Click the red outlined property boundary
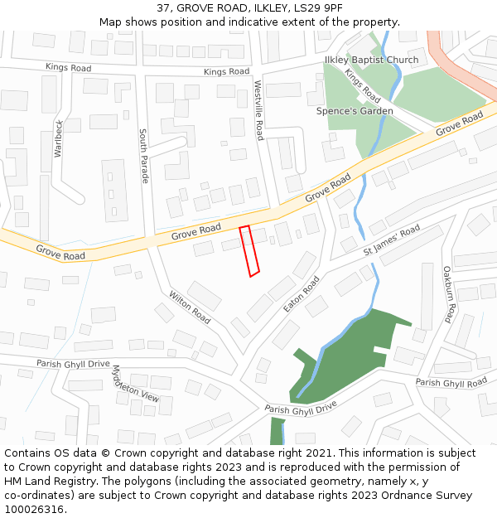pyautogui.click(x=249, y=250)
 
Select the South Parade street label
pyautogui.click(x=143, y=156)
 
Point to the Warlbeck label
pyautogui.click(x=58, y=138)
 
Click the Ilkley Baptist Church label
pyautogui.click(x=372, y=61)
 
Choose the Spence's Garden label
pyautogui.click(x=355, y=111)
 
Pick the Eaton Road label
pyautogui.click(x=302, y=294)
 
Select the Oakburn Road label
pyautogui.click(x=448, y=294)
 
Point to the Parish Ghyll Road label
pyautogui.click(x=451, y=383)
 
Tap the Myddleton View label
pyautogui.click(x=134, y=384)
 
